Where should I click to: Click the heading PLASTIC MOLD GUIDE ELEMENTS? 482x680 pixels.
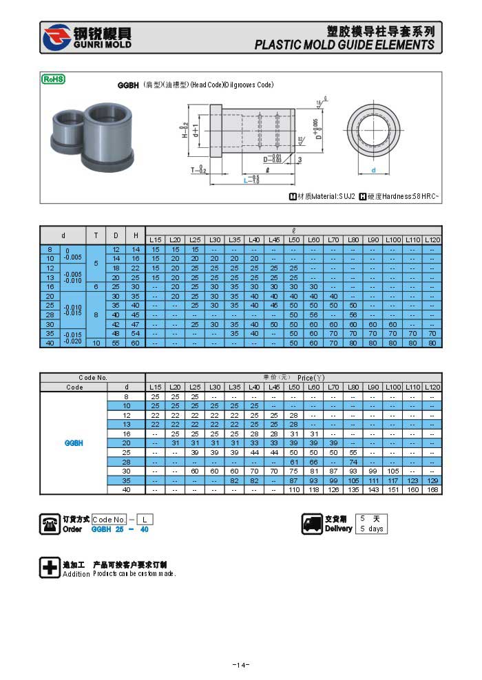point(344,45)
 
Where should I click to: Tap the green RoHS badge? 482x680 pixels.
point(53,79)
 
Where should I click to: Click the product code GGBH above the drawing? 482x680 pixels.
point(129,85)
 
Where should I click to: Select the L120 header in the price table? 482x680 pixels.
point(432,387)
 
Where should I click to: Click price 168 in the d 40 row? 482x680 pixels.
point(432,489)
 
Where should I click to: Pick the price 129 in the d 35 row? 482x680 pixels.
point(432,480)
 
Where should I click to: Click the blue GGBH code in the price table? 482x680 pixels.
point(74,443)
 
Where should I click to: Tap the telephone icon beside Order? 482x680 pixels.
point(50,524)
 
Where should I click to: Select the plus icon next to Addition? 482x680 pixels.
point(50,568)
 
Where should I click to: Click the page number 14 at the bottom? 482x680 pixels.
point(240,664)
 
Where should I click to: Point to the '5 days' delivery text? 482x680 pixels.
point(371,529)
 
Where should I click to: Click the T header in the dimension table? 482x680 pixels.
point(96,235)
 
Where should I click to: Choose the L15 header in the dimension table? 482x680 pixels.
point(156,240)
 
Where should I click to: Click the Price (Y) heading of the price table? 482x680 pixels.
point(311,378)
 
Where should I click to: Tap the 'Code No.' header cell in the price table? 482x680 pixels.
point(93,378)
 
